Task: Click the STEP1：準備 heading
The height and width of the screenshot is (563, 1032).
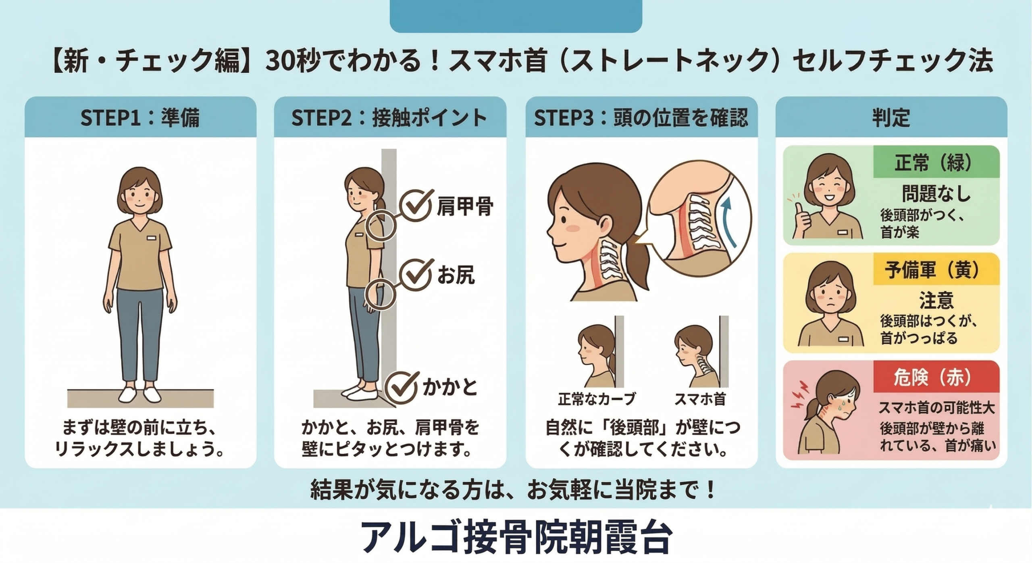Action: (140, 118)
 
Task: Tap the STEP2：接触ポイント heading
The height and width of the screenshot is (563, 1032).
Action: (389, 118)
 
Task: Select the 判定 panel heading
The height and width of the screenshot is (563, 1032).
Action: (891, 118)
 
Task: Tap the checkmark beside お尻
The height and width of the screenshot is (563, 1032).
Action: (417, 275)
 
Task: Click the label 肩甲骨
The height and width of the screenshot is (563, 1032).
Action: (465, 206)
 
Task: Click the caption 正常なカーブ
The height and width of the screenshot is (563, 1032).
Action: (597, 399)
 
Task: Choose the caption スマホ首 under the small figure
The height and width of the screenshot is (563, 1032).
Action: (700, 399)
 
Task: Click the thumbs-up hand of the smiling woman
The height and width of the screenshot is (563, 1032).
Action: (802, 220)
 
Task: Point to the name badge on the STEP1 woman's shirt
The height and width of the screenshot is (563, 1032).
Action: (151, 238)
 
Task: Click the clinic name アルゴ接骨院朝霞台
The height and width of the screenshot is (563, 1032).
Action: (516, 538)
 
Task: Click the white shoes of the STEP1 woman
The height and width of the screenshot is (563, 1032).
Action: (139, 395)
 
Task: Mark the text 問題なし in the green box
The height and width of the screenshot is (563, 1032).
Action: (936, 194)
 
